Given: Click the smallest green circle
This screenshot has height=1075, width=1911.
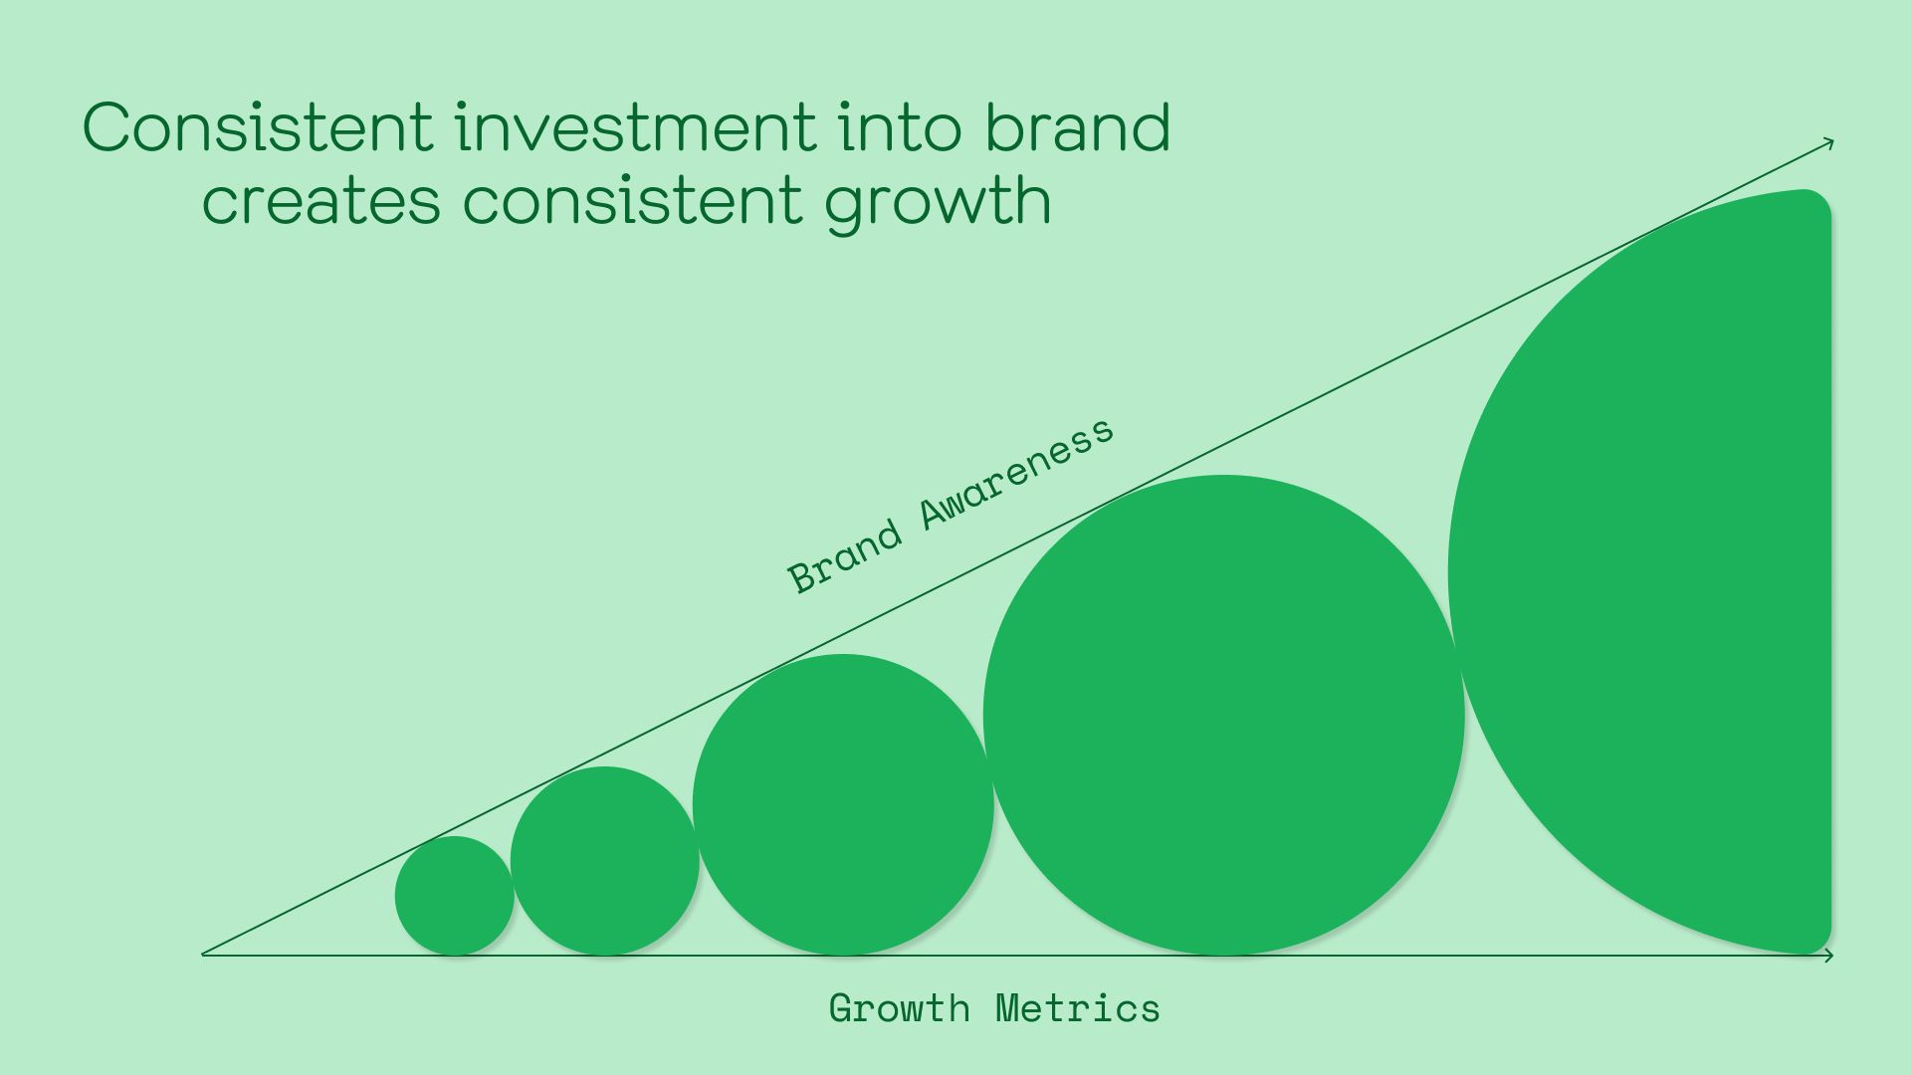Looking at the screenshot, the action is (455, 896).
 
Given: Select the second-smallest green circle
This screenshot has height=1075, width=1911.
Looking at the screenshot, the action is (604, 861).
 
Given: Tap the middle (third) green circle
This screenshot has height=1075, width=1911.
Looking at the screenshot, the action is (843, 804).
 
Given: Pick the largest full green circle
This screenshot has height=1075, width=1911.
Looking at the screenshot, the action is (1223, 715).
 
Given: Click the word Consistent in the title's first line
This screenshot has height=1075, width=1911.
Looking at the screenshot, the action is (258, 127).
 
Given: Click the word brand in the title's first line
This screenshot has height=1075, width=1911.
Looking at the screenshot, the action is (1078, 127).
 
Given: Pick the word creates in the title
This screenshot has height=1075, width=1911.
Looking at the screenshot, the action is (320, 200).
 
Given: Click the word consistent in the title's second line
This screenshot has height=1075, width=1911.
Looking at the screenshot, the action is (632, 200).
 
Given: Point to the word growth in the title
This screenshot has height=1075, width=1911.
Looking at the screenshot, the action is (938, 203).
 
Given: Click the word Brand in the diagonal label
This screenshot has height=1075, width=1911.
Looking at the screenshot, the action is (844, 558).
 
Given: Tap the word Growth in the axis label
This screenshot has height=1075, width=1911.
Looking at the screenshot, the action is (899, 1008).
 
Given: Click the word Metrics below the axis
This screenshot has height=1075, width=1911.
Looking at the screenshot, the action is (1078, 1008).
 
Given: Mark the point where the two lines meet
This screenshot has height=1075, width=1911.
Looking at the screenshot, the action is (203, 955).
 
